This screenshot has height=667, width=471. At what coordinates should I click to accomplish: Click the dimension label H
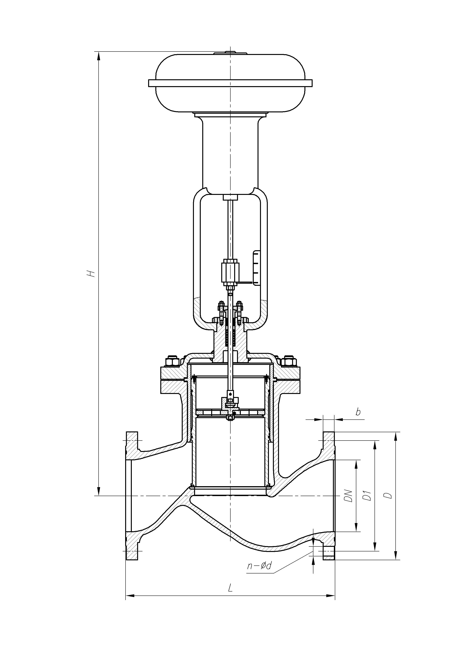coord(92,273)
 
